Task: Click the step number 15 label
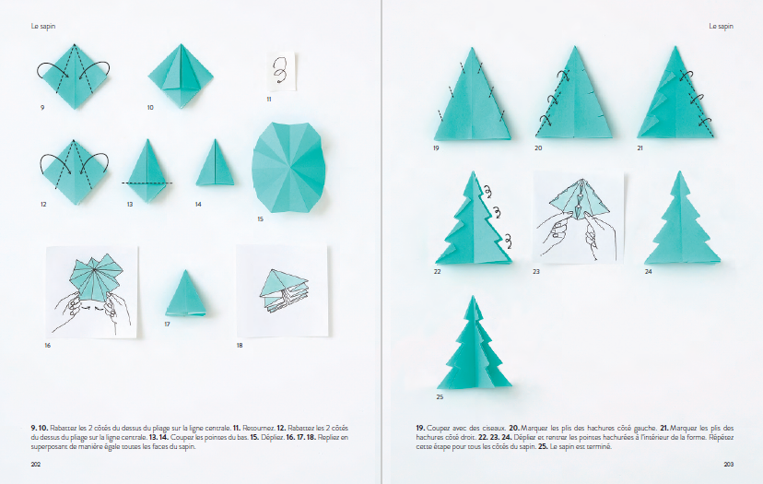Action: [x=261, y=219]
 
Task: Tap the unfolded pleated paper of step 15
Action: [x=288, y=168]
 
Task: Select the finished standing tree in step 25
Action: [x=474, y=343]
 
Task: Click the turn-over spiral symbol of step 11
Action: [x=280, y=70]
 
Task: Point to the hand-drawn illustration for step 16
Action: [x=92, y=291]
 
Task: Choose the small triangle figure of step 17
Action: [x=185, y=293]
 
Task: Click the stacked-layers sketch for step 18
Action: [x=282, y=290]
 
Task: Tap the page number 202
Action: [x=36, y=464]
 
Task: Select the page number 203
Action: [x=729, y=464]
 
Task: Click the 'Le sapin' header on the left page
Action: [x=43, y=26]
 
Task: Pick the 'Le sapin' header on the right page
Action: [x=721, y=26]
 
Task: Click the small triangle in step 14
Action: [x=215, y=162]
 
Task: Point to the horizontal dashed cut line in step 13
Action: [x=147, y=183]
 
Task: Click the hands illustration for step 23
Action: [x=578, y=218]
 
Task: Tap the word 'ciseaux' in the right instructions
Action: [x=495, y=428]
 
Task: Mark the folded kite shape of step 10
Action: [x=181, y=76]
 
